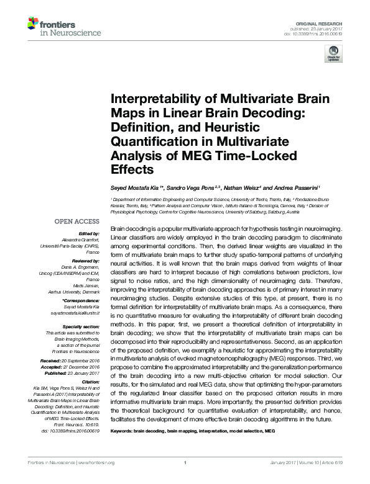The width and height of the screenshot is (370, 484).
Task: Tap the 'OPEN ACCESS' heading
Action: tap(76, 220)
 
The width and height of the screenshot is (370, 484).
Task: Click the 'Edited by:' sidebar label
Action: tap(88, 233)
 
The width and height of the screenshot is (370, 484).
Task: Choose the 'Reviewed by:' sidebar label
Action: tap(85, 262)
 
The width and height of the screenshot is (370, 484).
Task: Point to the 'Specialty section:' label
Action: tap(81, 326)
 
